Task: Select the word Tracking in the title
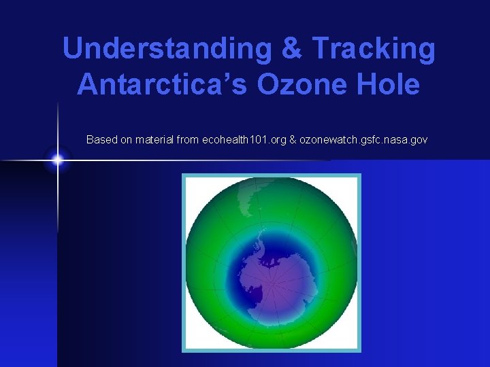pos(373,49)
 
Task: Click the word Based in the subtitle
pos(101,139)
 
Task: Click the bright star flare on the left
pos(58,160)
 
